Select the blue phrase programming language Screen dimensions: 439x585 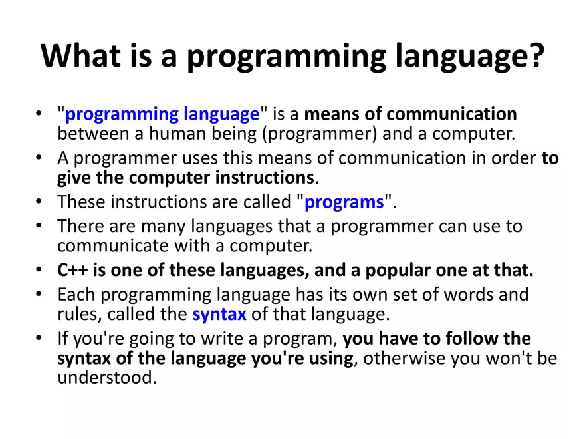click(162, 114)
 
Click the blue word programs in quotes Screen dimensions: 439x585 click(344, 202)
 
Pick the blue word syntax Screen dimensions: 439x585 click(219, 313)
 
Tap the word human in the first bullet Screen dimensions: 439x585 click(176, 134)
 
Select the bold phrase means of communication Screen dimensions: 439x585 click(411, 114)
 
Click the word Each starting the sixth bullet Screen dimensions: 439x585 click(74, 294)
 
